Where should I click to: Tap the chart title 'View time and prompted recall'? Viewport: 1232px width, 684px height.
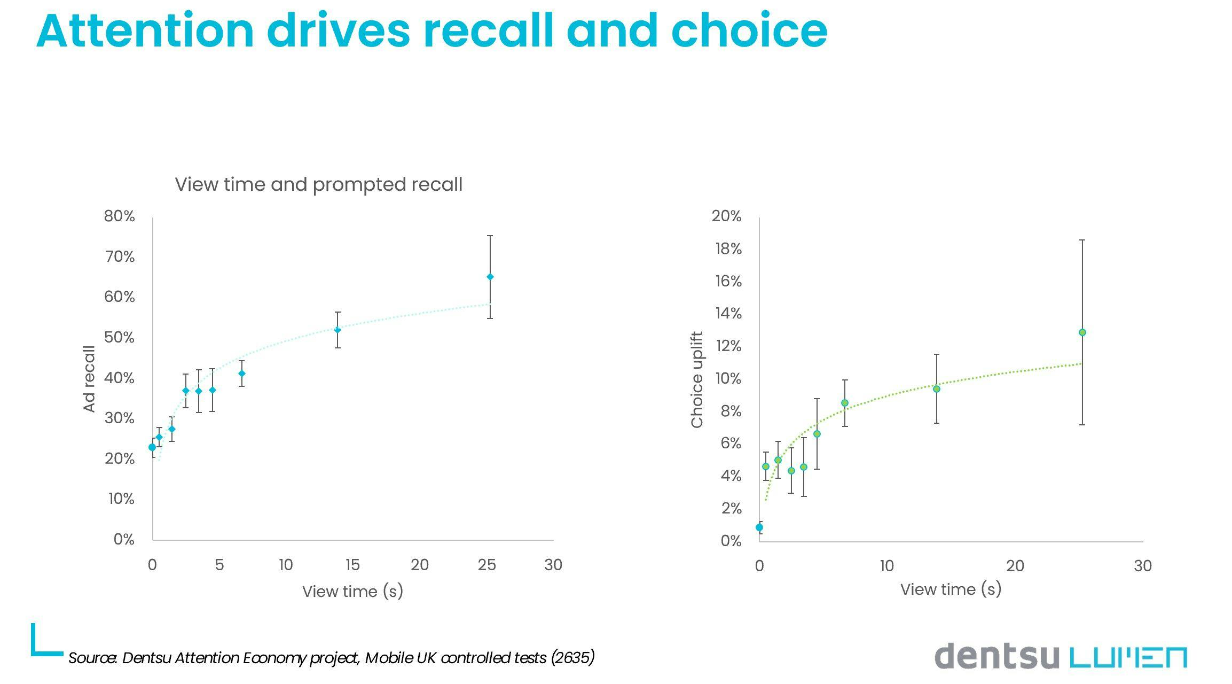click(318, 184)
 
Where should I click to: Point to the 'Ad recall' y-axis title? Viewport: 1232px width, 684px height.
click(89, 378)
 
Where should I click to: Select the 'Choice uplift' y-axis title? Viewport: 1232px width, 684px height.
click(697, 379)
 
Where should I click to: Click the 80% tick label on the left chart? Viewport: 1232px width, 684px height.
click(119, 216)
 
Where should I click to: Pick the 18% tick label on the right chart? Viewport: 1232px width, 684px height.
click(728, 249)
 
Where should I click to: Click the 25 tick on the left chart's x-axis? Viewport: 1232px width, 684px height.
click(486, 565)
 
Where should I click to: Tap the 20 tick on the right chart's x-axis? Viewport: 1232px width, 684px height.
click(1015, 566)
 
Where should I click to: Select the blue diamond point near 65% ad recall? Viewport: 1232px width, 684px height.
click(490, 277)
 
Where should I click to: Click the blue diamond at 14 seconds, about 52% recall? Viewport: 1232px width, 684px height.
click(338, 330)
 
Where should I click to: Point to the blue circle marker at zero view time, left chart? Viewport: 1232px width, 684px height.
click(152, 447)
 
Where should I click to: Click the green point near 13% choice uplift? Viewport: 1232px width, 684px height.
click(1082, 332)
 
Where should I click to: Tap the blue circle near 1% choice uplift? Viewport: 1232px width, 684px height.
click(759, 527)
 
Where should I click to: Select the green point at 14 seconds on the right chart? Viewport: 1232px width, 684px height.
click(936, 389)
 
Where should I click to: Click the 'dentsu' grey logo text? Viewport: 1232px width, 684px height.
click(996, 656)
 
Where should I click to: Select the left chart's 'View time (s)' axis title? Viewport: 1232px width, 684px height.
click(352, 592)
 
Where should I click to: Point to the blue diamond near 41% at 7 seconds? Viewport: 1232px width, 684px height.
click(241, 374)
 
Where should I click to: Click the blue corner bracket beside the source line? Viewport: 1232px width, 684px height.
click(43, 644)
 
